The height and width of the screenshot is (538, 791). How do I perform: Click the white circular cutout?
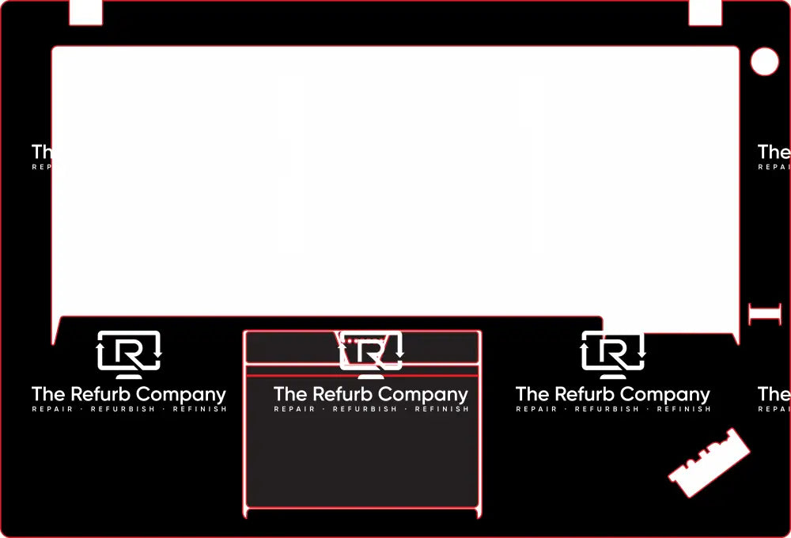(x=764, y=62)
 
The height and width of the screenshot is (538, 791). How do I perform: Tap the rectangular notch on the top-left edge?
(x=86, y=12)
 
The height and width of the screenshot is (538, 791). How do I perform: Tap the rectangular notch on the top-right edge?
(x=705, y=12)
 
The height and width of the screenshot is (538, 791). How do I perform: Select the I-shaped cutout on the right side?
(x=764, y=313)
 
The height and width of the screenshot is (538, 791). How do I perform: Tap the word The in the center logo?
(x=290, y=394)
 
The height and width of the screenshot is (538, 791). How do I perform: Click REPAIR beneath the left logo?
(x=52, y=409)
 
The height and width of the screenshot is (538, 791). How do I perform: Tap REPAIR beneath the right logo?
(x=536, y=409)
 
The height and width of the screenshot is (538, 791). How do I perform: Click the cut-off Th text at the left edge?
(x=41, y=152)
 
